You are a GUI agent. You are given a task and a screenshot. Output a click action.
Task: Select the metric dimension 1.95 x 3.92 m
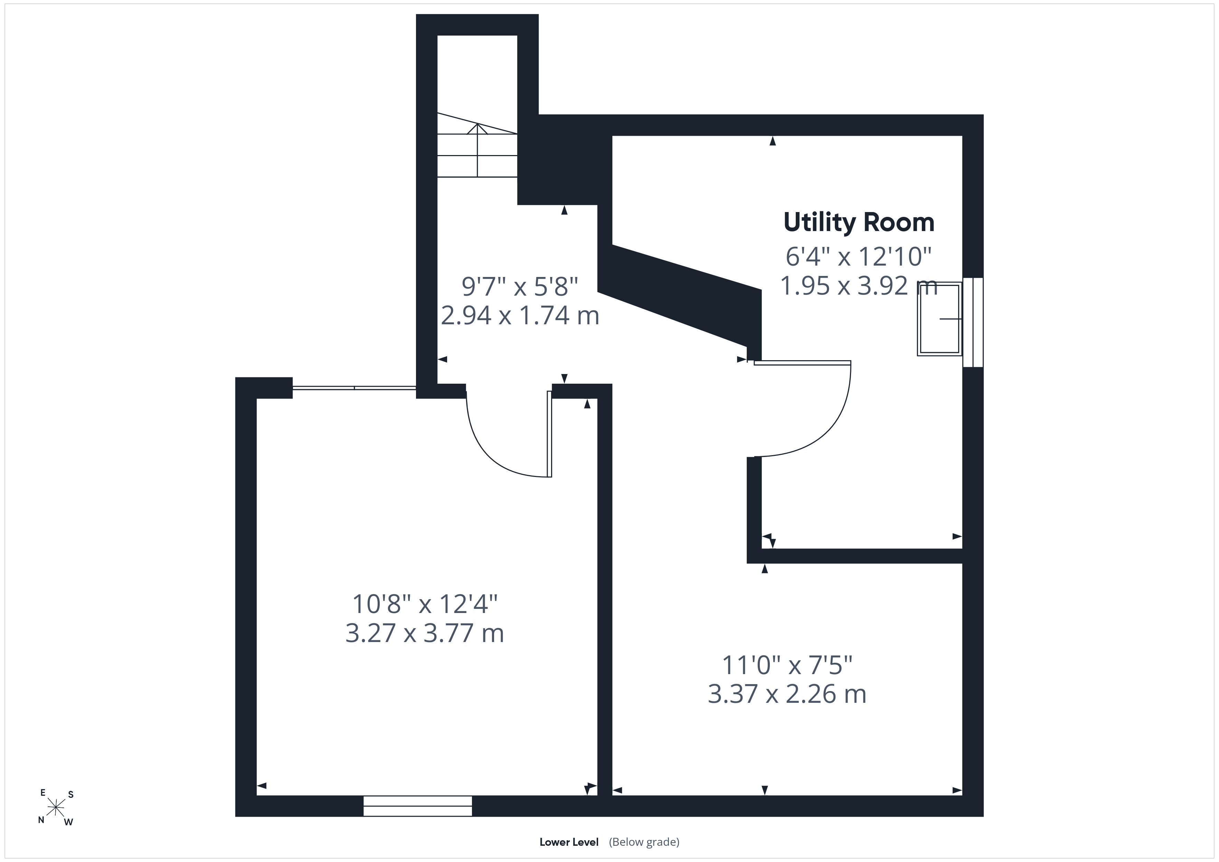click(x=859, y=286)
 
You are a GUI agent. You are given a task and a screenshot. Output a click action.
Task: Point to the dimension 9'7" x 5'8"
click(x=520, y=287)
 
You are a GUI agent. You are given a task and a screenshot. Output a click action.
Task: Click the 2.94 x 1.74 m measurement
click(x=520, y=316)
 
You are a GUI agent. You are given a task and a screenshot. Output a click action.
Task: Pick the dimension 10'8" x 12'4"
click(x=425, y=604)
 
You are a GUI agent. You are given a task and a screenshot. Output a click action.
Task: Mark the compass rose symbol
click(x=56, y=808)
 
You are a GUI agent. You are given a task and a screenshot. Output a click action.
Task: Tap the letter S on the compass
click(x=70, y=795)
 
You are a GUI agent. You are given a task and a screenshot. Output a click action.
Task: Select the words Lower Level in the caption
click(x=569, y=842)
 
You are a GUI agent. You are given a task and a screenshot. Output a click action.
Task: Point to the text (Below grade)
click(x=644, y=842)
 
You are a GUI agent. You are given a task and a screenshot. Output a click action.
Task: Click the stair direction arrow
click(x=477, y=150)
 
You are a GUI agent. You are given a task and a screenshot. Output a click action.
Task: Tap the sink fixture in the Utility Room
click(x=939, y=318)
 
